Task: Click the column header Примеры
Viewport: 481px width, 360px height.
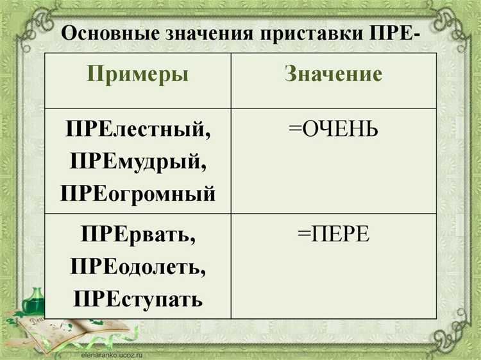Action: pyautogui.click(x=138, y=74)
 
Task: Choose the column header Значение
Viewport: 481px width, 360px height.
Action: pyautogui.click(x=333, y=74)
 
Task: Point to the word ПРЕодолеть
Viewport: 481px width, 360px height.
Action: pyautogui.click(x=138, y=266)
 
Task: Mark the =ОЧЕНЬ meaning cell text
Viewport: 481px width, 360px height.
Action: pyautogui.click(x=333, y=130)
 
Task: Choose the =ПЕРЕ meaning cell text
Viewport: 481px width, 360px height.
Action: pyautogui.click(x=333, y=235)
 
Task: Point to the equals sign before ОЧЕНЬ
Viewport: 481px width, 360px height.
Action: pyautogui.click(x=294, y=130)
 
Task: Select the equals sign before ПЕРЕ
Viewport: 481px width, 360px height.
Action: pyautogui.click(x=303, y=235)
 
